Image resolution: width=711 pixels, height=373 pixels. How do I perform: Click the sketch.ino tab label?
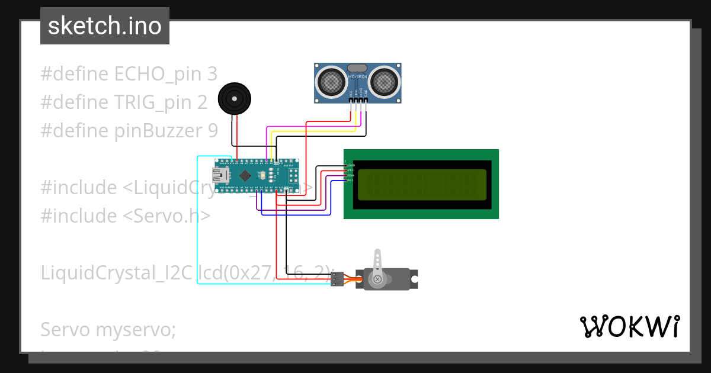click(x=104, y=26)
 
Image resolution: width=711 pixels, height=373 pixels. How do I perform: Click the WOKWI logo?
click(x=629, y=327)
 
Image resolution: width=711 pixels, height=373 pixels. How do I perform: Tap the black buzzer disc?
click(x=234, y=98)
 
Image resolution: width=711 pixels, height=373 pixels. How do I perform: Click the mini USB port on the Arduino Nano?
click(x=222, y=174)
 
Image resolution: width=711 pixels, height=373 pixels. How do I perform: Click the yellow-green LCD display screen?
click(x=422, y=184)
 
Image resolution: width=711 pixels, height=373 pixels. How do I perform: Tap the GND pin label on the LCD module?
click(x=350, y=165)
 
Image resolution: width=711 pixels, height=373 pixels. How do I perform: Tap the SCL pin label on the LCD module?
click(x=350, y=180)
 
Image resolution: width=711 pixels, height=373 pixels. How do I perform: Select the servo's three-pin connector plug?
click(x=337, y=279)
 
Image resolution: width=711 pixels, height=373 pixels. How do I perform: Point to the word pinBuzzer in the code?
click(x=155, y=130)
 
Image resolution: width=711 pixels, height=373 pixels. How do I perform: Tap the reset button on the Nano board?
click(x=261, y=174)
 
